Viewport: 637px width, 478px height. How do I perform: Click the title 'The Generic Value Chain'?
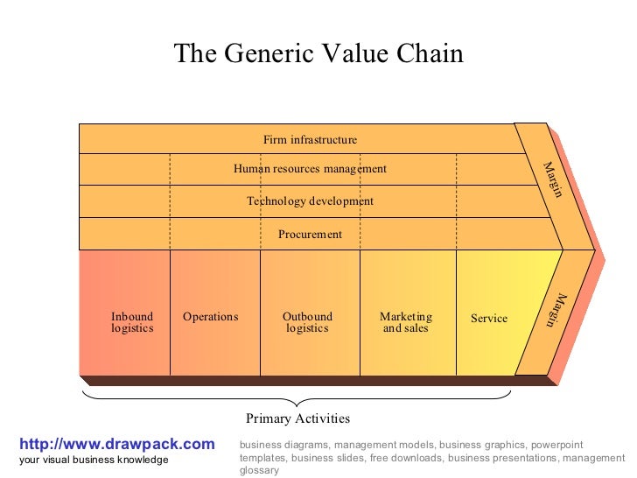coord(318,53)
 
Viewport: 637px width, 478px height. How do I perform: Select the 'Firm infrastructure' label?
coord(310,139)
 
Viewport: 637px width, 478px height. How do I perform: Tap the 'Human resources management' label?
coord(310,169)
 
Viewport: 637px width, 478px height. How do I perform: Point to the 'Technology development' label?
coord(310,201)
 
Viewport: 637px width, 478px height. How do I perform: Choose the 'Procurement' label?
coord(310,235)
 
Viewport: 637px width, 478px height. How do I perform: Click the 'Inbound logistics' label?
coord(132,322)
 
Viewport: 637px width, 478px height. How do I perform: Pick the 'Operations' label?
coord(210,317)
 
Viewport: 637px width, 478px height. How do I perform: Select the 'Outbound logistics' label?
coord(307,322)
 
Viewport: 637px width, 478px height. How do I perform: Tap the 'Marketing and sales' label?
coord(406,322)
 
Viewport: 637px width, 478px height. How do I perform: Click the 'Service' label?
coord(489,319)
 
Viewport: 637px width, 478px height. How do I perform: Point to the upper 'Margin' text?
coord(552,179)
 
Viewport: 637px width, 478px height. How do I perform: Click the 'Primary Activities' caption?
coord(297,418)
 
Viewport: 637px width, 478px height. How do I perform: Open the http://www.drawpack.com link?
coord(116,444)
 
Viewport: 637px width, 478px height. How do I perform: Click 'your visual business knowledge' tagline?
coord(94,460)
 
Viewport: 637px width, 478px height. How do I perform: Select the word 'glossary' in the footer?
coord(259,470)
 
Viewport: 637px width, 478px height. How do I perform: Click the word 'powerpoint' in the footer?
coord(556,445)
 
